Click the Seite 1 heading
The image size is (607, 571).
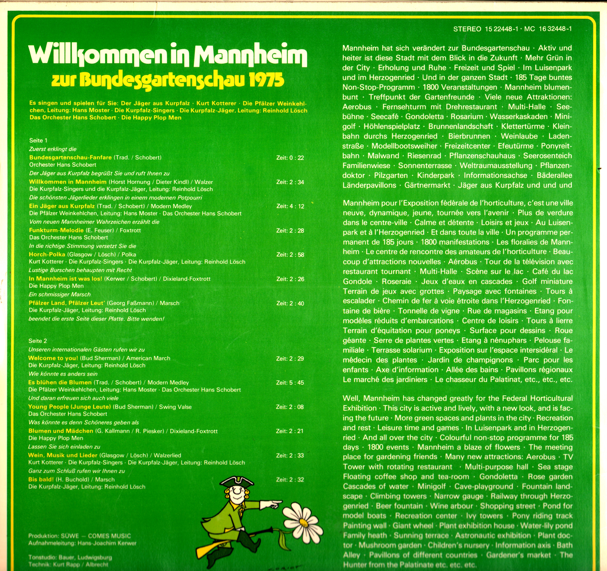click(x=38, y=140)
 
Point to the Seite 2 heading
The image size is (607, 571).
click(x=37, y=341)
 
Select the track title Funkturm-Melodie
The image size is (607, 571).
click(x=56, y=230)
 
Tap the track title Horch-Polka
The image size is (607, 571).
click(x=47, y=254)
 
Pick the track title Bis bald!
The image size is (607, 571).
click(x=41, y=479)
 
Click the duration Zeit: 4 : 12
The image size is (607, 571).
click(x=290, y=206)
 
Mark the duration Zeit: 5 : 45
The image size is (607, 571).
click(x=290, y=383)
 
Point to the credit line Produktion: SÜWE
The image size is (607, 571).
click(x=53, y=536)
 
